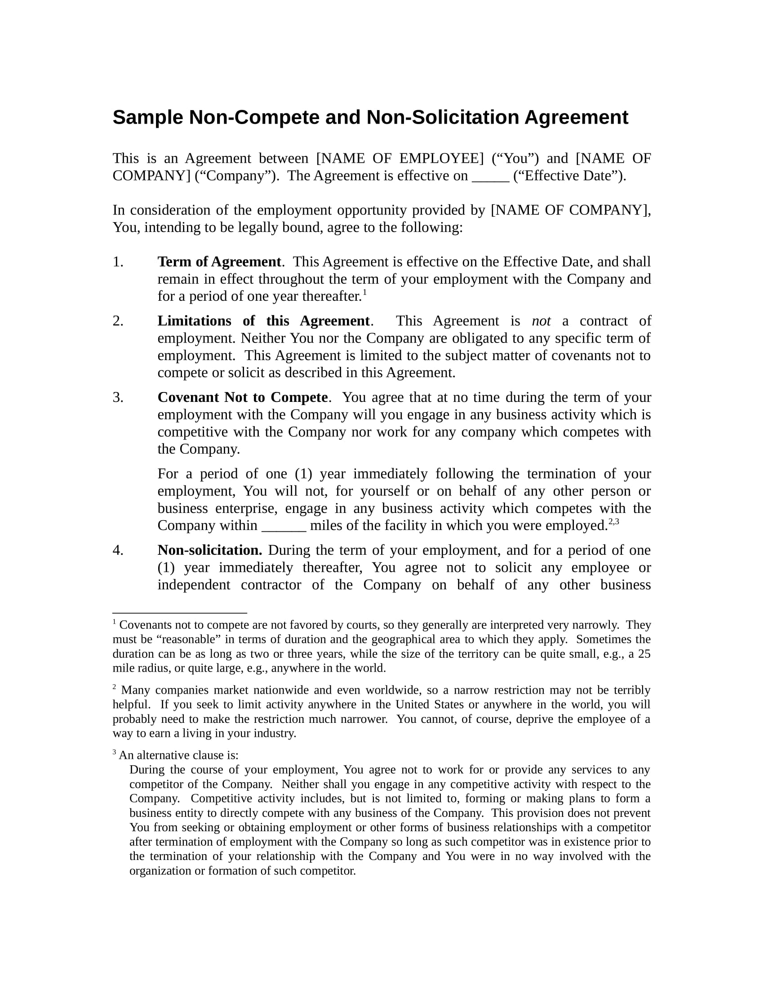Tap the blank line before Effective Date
491,177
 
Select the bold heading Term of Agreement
219,262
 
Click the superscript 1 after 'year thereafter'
365,292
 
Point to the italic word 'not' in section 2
541,321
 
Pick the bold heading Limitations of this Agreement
263,321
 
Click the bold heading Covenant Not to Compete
243,397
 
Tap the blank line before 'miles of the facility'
284,527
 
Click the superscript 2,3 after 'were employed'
614,521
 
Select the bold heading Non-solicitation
209,551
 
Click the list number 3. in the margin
118,397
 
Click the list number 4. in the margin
118,551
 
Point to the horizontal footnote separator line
180,613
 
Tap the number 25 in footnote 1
644,654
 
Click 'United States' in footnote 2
430,704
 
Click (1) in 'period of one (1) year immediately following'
303,474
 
